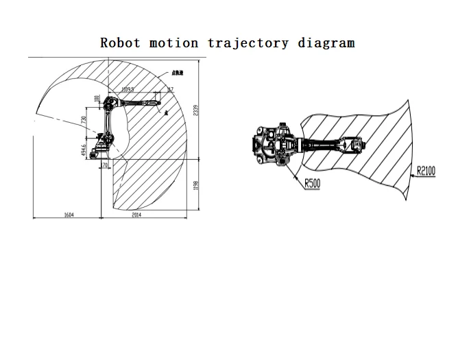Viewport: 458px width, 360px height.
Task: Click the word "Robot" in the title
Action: tap(120, 43)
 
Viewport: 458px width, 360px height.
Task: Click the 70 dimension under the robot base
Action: tap(105, 166)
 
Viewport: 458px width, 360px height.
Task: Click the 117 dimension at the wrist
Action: tap(170, 89)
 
